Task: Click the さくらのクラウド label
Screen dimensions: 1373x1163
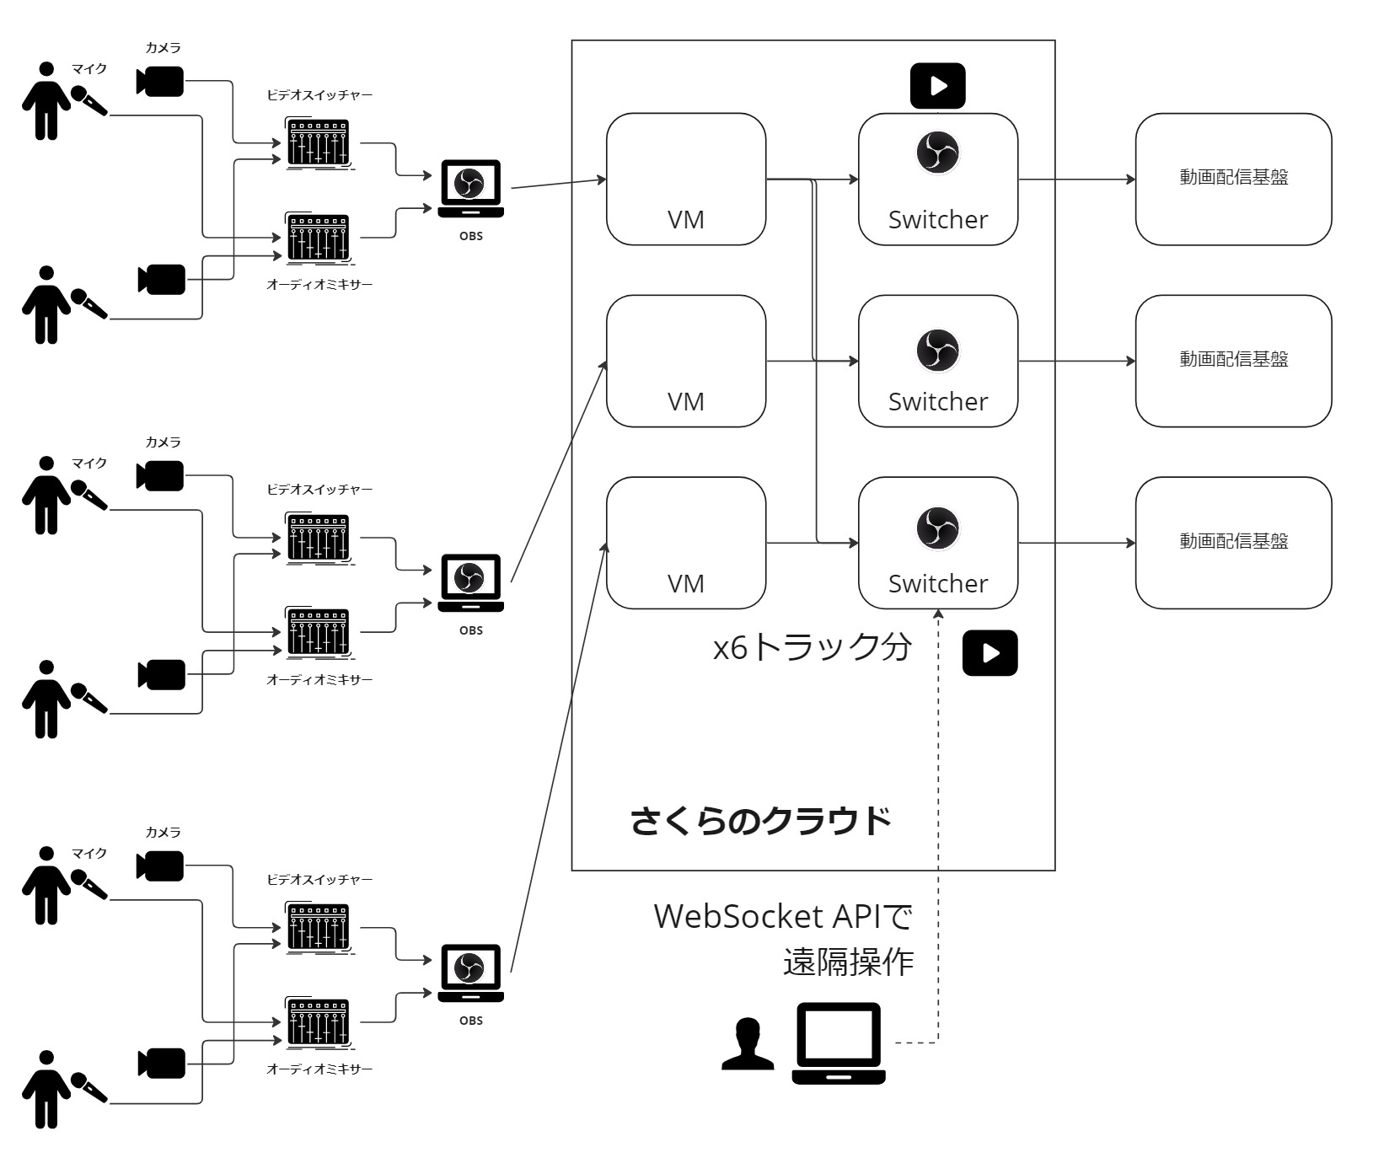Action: [760, 820]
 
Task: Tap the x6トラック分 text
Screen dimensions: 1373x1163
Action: [813, 647]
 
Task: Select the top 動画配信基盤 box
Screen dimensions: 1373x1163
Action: [1233, 180]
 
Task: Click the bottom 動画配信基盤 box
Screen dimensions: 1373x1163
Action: [1233, 543]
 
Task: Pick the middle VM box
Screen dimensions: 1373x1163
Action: [686, 361]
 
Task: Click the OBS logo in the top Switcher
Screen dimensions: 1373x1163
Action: [937, 153]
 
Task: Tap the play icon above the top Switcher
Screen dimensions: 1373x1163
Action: [937, 86]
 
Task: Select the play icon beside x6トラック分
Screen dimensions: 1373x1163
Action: [990, 653]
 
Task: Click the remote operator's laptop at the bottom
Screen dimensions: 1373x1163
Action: [839, 1042]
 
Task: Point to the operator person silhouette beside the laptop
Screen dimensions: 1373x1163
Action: [748, 1044]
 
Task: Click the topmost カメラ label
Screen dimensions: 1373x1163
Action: [163, 48]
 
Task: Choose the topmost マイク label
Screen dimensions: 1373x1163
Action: [89, 69]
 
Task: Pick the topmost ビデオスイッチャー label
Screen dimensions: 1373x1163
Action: [319, 95]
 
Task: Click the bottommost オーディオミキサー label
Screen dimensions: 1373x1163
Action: [319, 1069]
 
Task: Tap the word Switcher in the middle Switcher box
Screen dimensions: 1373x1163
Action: [938, 401]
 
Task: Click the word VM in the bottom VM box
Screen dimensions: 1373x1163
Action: [686, 583]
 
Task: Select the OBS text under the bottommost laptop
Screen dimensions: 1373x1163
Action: [471, 1021]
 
